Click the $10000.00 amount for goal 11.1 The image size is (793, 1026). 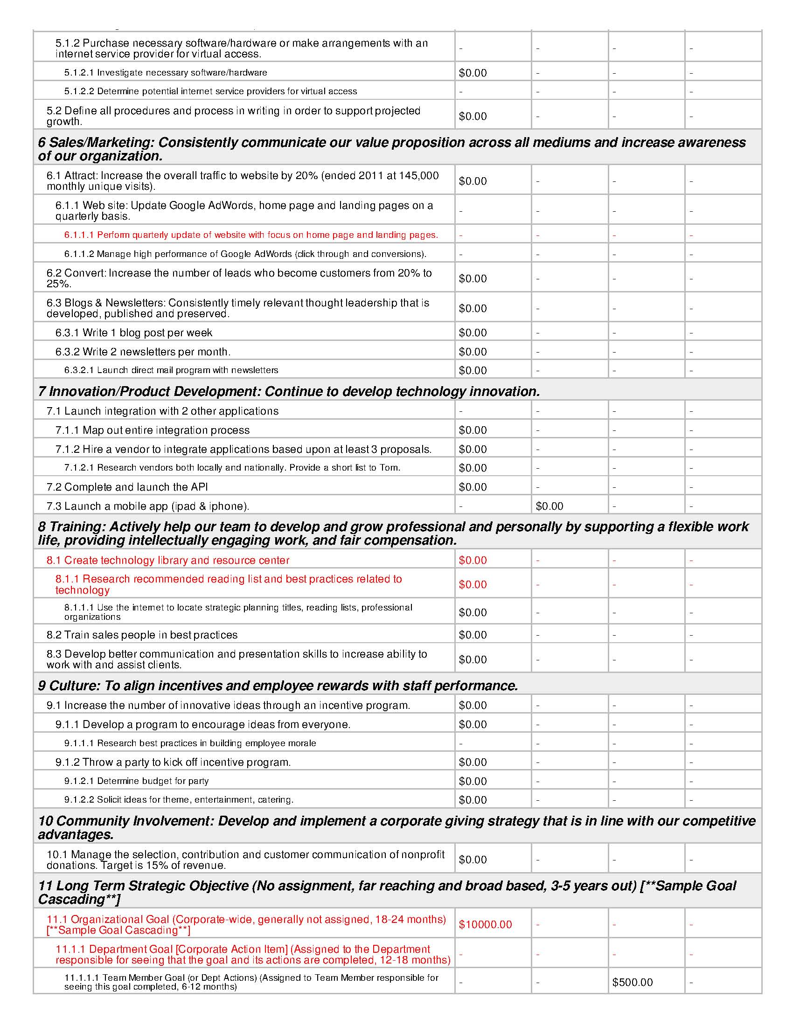[485, 924]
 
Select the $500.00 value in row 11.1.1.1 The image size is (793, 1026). [633, 982]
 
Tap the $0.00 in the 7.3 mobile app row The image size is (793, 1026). [549, 506]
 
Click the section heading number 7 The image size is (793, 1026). [42, 391]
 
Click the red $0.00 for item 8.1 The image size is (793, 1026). [473, 560]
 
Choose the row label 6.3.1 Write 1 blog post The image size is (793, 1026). [133, 333]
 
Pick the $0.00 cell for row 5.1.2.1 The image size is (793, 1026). [473, 73]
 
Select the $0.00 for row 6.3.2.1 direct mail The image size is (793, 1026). [473, 371]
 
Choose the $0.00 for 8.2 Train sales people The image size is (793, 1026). [473, 635]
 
